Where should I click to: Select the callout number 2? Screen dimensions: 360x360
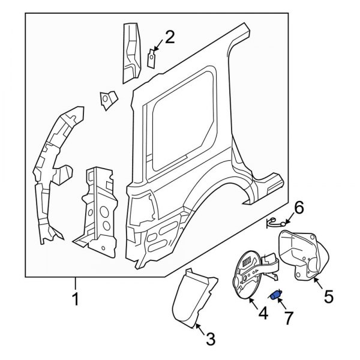click(x=170, y=38)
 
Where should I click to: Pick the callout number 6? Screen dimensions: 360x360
click(x=298, y=208)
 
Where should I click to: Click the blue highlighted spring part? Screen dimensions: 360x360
click(x=276, y=294)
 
